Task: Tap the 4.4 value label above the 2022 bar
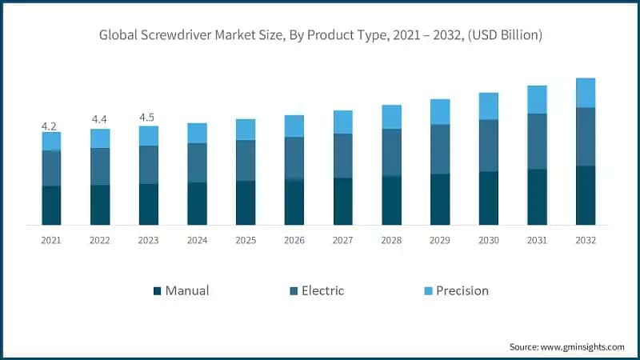click(100, 120)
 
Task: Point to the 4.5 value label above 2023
click(148, 118)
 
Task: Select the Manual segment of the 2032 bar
click(586, 194)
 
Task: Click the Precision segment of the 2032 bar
click(586, 92)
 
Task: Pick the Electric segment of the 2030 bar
click(488, 145)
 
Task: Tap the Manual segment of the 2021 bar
click(51, 205)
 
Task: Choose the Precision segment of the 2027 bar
click(342, 122)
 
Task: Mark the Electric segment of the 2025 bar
click(246, 160)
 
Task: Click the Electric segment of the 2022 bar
click(100, 166)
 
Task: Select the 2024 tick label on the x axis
click(197, 240)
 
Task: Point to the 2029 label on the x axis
click(440, 240)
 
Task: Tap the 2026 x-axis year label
click(294, 240)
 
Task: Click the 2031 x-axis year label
click(537, 240)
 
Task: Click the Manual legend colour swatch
click(157, 290)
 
